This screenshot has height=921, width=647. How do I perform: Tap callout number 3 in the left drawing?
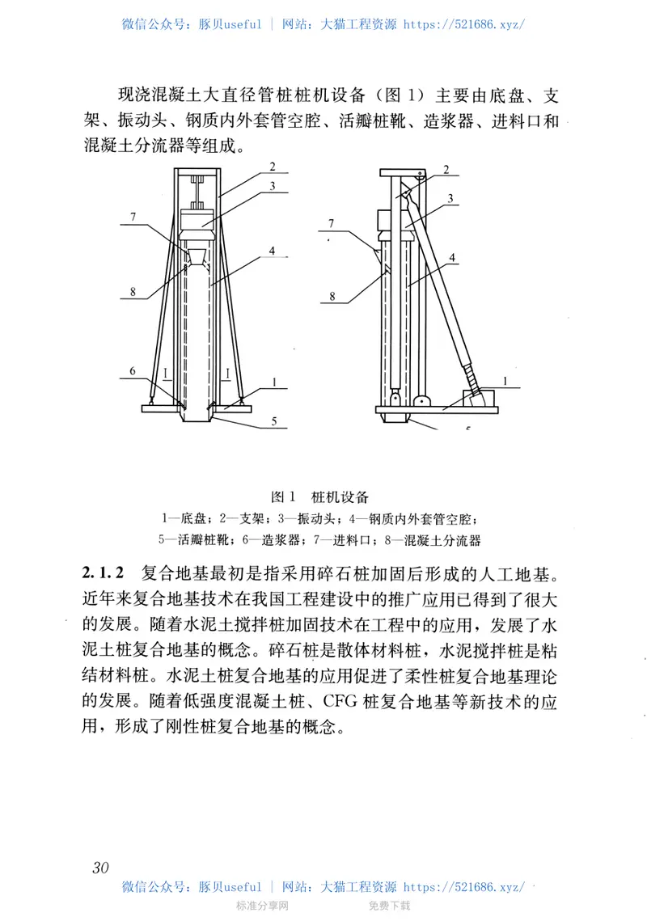pos(273,186)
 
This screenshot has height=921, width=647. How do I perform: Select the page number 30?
pos(100,867)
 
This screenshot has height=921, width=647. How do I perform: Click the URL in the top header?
pos(463,24)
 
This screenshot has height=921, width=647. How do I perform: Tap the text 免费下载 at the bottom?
pos(390,906)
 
